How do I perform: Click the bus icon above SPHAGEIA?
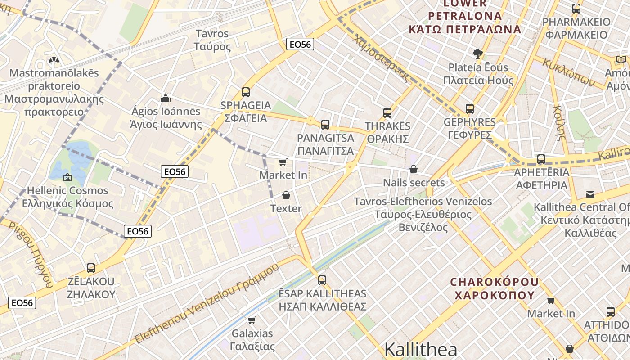[245, 92]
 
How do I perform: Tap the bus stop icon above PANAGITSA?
[325, 125]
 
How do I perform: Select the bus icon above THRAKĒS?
[387, 113]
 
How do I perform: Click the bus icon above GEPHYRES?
[470, 109]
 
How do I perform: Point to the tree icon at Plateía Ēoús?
[477, 54]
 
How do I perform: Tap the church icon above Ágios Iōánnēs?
[166, 98]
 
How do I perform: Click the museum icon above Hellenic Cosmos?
[67, 177]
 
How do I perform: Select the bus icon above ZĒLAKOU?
[91, 268]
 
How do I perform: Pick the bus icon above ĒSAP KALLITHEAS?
[322, 280]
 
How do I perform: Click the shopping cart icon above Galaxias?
[252, 320]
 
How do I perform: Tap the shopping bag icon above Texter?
[286, 196]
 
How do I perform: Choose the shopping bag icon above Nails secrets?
[414, 170]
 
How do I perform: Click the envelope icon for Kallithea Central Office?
[590, 194]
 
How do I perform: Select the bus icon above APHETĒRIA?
[541, 159]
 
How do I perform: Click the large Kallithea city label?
[421, 350]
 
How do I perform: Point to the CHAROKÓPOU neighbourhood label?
[495, 288]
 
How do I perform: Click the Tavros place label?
[212, 40]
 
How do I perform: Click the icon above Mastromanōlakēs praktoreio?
[54, 60]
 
